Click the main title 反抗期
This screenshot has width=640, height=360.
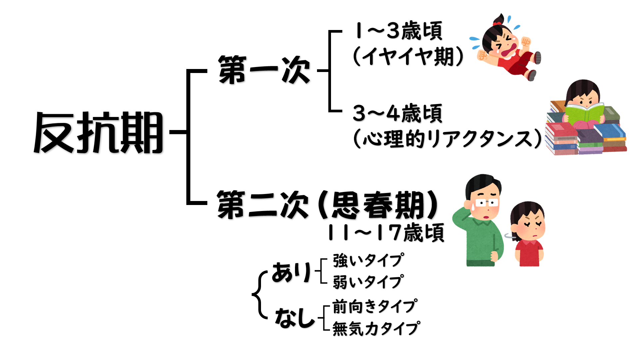coord(99,132)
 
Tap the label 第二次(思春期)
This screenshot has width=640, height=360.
coord(327,205)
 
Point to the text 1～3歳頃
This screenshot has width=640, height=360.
coord(398,31)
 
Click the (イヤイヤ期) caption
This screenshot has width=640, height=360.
coord(408,56)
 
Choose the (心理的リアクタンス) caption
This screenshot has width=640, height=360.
coord(447,139)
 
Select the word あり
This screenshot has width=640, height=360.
coord(291,272)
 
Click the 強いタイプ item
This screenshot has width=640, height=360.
coord(368,260)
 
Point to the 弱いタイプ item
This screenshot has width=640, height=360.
coord(368,282)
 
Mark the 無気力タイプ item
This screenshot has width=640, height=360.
coord(376,329)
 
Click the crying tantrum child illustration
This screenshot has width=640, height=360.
coord(507,48)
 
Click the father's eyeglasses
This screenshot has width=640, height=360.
coord(486,202)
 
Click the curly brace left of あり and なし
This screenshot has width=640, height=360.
coord(259,295)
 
